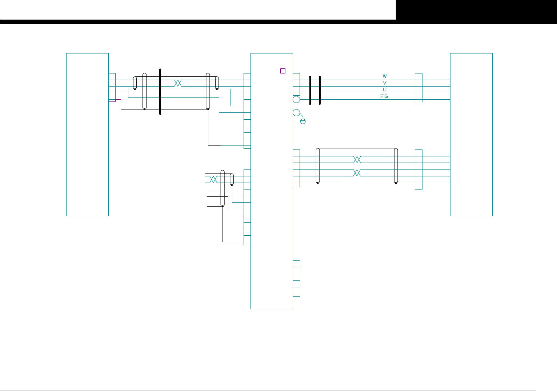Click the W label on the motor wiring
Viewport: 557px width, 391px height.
click(385, 76)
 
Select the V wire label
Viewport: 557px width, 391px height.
click(385, 83)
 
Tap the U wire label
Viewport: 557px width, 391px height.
click(385, 89)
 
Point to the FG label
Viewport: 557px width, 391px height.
click(384, 96)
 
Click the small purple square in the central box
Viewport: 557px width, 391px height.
click(283, 71)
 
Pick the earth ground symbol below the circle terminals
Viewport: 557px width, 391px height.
click(303, 121)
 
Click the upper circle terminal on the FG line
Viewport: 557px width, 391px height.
click(296, 99)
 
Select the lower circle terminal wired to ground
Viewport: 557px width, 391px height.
click(296, 113)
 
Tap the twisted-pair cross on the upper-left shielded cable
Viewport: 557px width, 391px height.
click(178, 83)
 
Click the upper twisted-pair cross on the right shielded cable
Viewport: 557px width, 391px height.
click(357, 160)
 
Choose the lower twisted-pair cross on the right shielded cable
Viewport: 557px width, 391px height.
click(357, 173)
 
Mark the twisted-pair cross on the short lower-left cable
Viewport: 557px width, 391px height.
click(213, 179)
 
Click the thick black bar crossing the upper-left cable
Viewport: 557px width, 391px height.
click(160, 92)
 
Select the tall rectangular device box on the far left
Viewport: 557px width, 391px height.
click(87, 135)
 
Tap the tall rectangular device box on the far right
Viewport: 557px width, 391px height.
click(471, 135)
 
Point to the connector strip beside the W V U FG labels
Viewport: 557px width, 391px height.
click(418, 88)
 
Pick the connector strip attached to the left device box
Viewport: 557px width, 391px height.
click(112, 87)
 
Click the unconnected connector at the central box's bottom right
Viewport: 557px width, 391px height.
click(296, 279)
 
